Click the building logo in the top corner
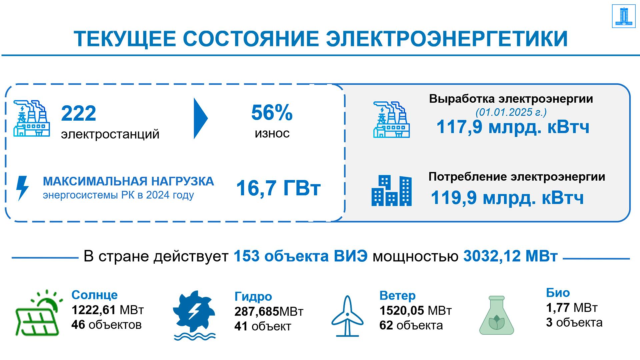(624, 16)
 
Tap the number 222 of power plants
(79, 113)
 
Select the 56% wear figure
(272, 112)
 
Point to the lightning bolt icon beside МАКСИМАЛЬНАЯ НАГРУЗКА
(22, 188)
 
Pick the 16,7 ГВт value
(278, 188)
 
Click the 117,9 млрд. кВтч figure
(513, 127)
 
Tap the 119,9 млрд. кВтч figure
(507, 198)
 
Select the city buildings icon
(392, 191)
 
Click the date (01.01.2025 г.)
(511, 112)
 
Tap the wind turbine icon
(347, 316)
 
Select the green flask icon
(497, 315)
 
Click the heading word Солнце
(95, 295)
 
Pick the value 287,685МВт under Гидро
(269, 312)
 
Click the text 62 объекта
(411, 325)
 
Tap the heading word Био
(558, 293)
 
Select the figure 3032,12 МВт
(510, 256)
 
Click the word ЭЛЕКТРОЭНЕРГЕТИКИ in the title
(447, 39)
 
